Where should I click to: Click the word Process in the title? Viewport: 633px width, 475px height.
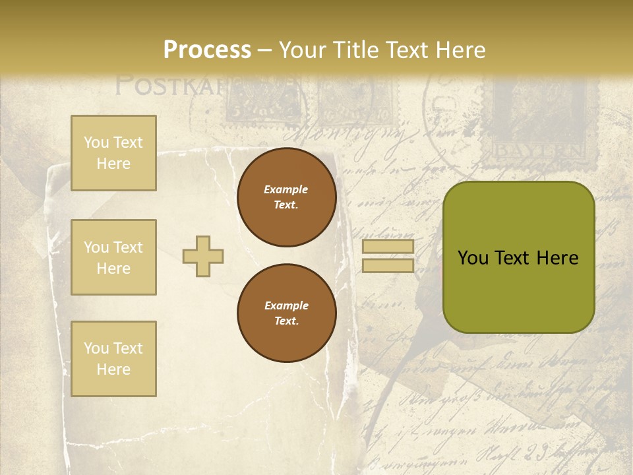207,49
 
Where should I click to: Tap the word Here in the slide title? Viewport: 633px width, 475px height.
460,49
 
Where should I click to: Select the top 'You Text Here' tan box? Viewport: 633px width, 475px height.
113,153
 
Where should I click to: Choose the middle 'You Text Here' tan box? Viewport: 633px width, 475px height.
113,257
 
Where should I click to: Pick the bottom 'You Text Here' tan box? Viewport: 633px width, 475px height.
113,359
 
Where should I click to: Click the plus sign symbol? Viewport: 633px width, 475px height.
203,256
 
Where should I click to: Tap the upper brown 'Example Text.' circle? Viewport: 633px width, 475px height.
286,197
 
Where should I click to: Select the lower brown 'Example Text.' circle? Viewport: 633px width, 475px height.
286,313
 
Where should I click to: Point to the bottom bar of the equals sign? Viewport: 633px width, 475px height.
388,265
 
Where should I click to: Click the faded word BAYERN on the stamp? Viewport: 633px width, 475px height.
538,151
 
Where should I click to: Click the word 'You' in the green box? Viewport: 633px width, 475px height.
473,258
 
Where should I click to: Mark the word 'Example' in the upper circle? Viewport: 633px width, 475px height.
286,189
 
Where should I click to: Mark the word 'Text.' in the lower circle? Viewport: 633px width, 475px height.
286,321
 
